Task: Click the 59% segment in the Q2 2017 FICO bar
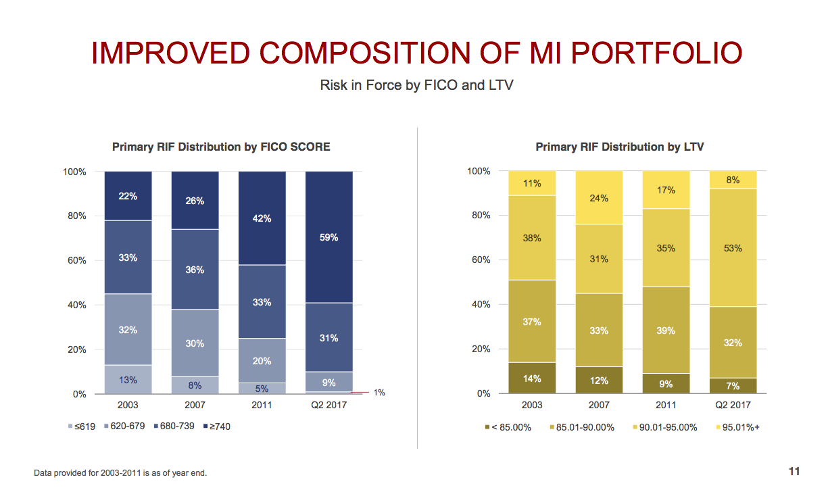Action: point(329,237)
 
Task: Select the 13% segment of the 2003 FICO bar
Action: point(128,380)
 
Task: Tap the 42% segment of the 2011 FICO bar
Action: point(262,218)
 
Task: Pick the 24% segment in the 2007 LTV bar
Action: point(599,198)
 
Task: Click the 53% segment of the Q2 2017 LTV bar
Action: point(733,248)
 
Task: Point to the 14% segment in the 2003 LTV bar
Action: point(532,379)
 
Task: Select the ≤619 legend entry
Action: point(84,426)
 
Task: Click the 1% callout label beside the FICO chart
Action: point(379,393)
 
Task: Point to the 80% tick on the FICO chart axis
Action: point(75,216)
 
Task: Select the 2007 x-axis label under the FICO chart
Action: point(195,405)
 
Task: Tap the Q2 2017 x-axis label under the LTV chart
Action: point(733,405)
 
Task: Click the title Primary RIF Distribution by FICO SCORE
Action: point(221,147)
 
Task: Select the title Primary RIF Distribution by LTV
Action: point(620,147)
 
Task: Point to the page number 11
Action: point(794,471)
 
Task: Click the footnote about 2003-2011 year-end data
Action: point(120,473)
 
